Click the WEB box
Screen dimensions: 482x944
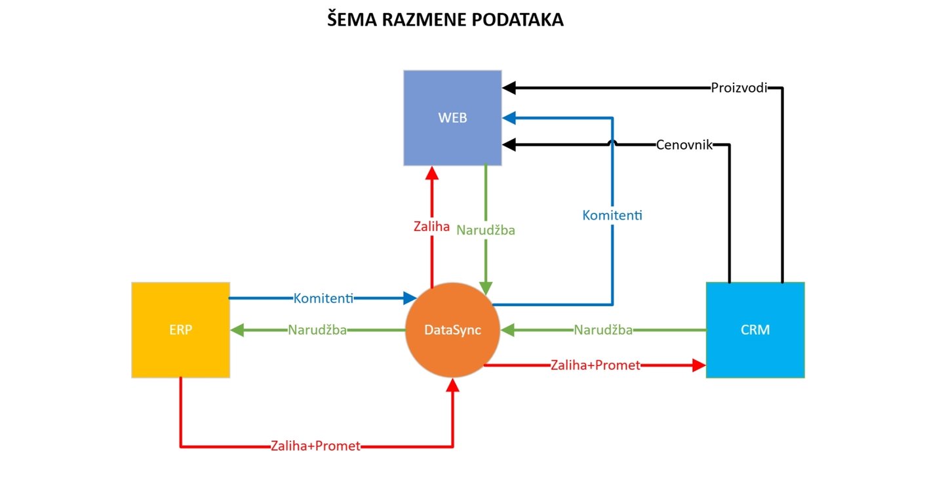[x=452, y=118]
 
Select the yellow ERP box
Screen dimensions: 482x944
[x=180, y=330]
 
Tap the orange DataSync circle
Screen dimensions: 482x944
[x=452, y=330]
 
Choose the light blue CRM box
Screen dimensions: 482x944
[x=755, y=330]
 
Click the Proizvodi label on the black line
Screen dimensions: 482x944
[x=739, y=87]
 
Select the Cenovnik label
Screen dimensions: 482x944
[x=684, y=145]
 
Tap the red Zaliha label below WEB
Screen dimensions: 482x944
[x=431, y=228]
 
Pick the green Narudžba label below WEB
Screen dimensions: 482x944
[x=485, y=230]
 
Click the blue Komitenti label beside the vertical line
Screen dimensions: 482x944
[x=612, y=214]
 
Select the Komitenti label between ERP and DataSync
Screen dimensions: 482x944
[x=324, y=298]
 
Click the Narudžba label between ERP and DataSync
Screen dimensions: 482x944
[x=317, y=330]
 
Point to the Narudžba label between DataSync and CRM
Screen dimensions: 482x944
[x=603, y=330]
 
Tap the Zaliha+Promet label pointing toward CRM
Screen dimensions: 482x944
[x=595, y=365]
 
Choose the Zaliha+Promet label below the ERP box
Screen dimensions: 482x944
[x=315, y=446]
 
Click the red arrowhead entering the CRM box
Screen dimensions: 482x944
[x=699, y=365]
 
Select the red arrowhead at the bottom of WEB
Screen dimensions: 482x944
[x=431, y=172]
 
